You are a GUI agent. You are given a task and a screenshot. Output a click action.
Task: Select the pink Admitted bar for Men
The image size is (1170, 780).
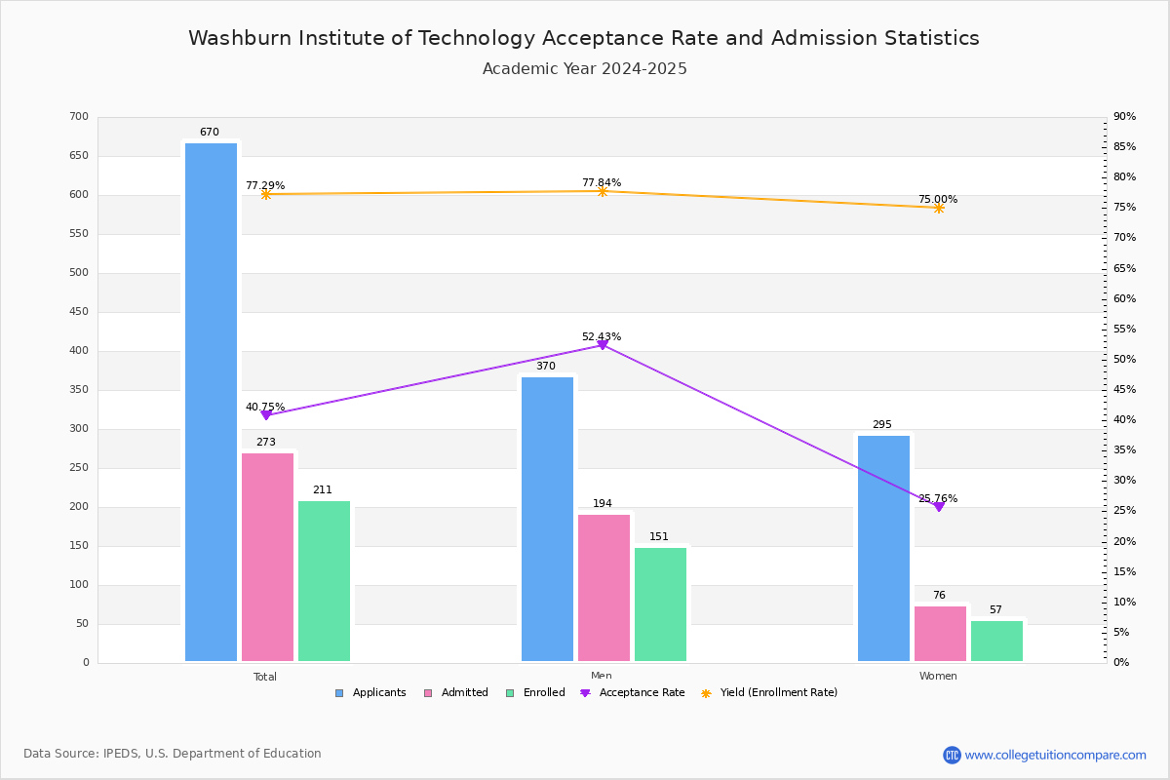[x=604, y=588]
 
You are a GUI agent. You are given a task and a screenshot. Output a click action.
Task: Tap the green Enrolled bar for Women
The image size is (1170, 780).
[x=996, y=641]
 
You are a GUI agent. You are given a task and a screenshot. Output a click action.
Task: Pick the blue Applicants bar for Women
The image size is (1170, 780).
[x=883, y=548]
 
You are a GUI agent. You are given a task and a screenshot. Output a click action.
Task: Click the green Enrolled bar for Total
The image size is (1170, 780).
[x=324, y=581]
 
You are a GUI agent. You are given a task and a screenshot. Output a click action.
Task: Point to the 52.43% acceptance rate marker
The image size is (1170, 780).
[x=603, y=345]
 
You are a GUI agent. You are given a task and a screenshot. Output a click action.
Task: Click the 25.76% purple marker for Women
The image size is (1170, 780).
[x=939, y=507]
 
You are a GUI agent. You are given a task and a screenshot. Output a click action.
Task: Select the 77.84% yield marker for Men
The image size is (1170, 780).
[x=603, y=192]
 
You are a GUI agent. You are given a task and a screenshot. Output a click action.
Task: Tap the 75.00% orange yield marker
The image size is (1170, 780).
[x=939, y=208]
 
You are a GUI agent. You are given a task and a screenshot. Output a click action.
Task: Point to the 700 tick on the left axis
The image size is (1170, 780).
[x=79, y=117]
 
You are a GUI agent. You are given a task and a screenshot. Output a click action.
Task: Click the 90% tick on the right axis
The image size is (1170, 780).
[x=1124, y=117]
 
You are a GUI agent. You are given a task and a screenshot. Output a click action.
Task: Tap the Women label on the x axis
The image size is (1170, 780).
[x=938, y=676]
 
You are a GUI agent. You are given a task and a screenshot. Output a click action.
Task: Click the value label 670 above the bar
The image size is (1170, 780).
[x=210, y=133]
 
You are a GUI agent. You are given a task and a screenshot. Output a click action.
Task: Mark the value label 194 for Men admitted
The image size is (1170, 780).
[x=603, y=504]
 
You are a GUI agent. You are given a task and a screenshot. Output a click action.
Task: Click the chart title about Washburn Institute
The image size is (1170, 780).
[x=584, y=38]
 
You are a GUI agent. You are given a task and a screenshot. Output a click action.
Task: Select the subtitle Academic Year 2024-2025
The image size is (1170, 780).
[x=584, y=69]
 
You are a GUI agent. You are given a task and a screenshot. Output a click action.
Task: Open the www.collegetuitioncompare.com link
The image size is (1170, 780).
[x=1055, y=755]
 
